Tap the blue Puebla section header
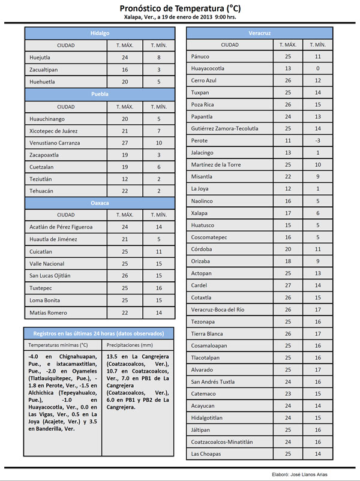pos(100,94)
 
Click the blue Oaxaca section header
pos(100,203)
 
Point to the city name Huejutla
pos(41,58)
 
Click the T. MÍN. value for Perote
pos(318,140)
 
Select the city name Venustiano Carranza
pos(57,143)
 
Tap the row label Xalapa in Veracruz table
pos(200,212)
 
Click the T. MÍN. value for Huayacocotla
pos(318,68)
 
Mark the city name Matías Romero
pos(49,312)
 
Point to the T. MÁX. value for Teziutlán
pos(125,179)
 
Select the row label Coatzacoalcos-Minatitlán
pos(222,441)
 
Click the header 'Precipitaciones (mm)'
pos(129,345)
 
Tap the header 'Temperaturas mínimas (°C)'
pos(58,345)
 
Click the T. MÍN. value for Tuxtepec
pos(158,288)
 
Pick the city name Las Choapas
pos(206,453)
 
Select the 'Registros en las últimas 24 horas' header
pos(100,333)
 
